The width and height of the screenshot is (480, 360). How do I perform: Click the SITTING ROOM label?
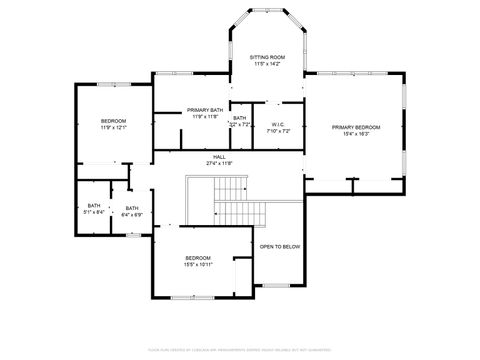coord(267,58)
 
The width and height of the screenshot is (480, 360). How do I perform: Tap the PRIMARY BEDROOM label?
coord(356,127)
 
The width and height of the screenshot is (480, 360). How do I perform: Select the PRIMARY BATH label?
coord(205,110)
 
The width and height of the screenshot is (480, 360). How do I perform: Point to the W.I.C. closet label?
coord(279,125)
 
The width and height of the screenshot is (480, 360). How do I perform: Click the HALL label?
coord(219,156)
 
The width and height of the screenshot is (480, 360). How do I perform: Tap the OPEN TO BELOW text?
coord(280,246)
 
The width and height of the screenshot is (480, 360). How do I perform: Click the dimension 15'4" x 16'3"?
coord(356,134)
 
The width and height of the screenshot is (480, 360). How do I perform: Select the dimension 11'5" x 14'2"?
coord(267,65)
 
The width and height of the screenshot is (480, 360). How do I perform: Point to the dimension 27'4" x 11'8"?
coord(219,163)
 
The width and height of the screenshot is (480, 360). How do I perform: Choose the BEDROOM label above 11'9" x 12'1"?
coord(112,121)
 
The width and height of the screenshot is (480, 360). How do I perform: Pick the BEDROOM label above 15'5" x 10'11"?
coord(198,258)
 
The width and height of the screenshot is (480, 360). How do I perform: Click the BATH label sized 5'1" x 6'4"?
coord(94,207)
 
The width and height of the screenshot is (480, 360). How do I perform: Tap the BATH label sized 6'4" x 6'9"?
coord(132,207)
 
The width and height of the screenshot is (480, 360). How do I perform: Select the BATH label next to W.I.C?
coord(240,118)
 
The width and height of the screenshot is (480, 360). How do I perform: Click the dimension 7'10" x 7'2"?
coord(279,131)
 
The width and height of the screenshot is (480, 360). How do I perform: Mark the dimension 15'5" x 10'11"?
coord(198,265)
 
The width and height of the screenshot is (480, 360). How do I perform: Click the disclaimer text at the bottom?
coord(240,349)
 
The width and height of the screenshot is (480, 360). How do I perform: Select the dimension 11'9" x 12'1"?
coord(112,128)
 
